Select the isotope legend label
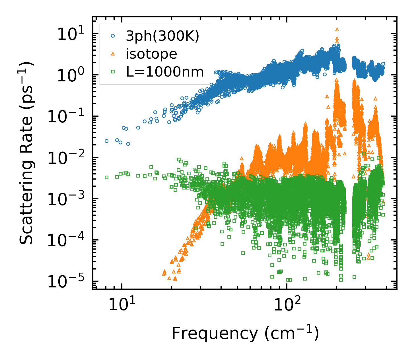[151, 54]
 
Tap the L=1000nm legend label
[165, 72]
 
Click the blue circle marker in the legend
[113, 36]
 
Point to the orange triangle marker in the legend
[113, 54]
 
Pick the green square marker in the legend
[113, 72]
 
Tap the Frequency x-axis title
[245, 334]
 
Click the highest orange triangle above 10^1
[337, 29]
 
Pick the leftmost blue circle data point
[107, 141]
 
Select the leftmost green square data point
[107, 177]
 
